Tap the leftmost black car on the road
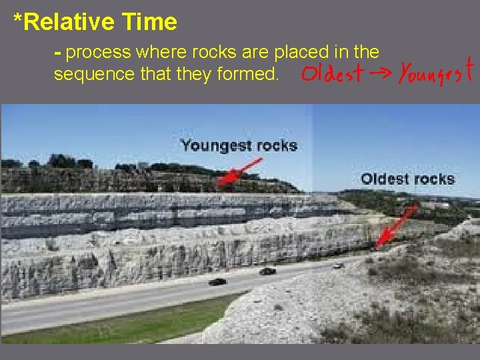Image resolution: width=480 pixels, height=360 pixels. (217, 282)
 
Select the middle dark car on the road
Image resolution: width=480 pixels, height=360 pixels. (267, 271)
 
